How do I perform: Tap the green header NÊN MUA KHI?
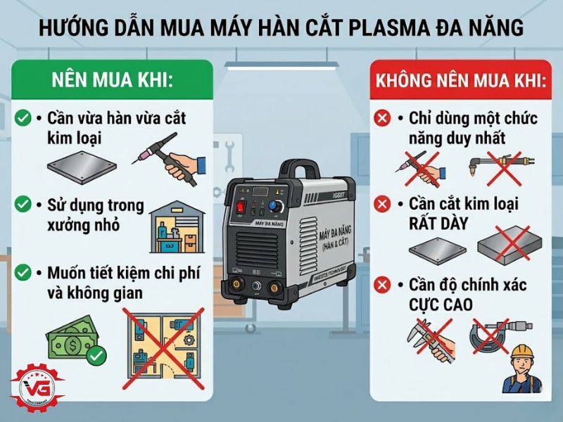(112, 79)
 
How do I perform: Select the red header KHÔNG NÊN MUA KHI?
(462, 79)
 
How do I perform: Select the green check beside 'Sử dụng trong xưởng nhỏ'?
(23, 205)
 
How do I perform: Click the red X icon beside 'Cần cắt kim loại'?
(383, 205)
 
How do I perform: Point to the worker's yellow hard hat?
(521, 350)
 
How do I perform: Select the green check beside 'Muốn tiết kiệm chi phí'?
(23, 271)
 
